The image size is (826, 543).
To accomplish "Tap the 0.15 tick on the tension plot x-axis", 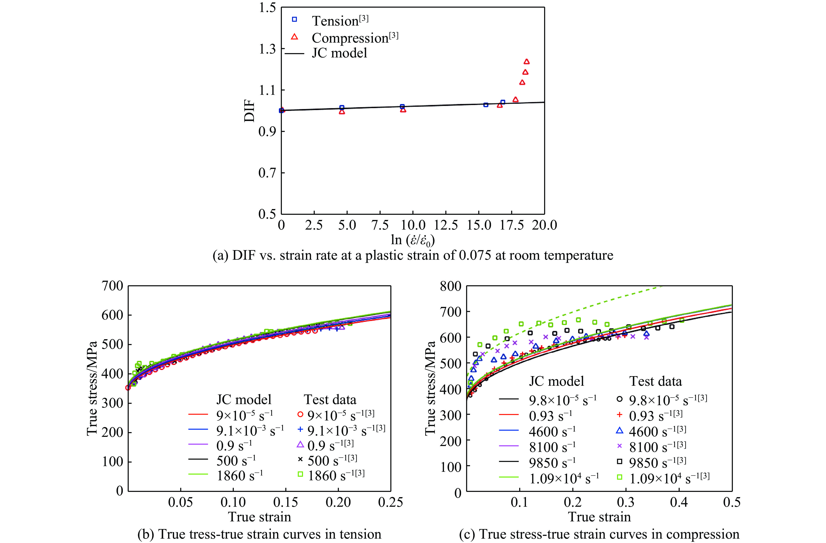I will (x=285, y=502).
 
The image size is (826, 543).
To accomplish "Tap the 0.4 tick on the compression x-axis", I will (x=679, y=502).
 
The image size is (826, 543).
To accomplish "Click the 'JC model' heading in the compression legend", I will (x=556, y=381).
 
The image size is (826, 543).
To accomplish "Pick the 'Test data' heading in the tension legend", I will (x=330, y=399).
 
